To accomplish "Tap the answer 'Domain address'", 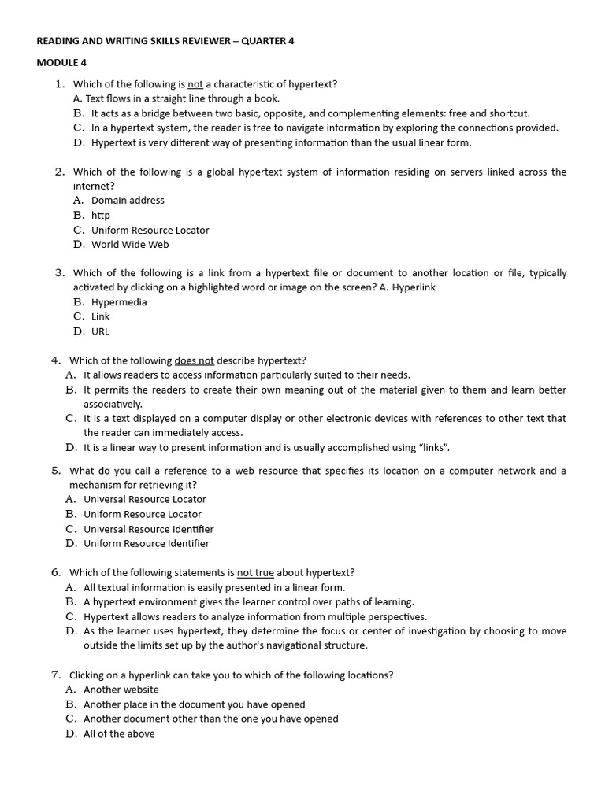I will click(x=128, y=201).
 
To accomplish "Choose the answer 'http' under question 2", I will click(x=100, y=215).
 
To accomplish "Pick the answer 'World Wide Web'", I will click(x=130, y=245).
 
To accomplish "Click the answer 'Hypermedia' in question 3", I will click(x=119, y=302).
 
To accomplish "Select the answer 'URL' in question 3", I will click(x=100, y=331).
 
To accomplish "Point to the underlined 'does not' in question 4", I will click(x=194, y=360).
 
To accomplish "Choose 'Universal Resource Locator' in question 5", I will click(x=145, y=499).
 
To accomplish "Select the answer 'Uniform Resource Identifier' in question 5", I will click(x=147, y=543).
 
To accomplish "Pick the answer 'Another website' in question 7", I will click(x=121, y=690).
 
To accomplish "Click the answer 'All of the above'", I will click(x=119, y=734).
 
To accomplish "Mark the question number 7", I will click(x=55, y=675).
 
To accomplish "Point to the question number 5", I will click(x=55, y=471).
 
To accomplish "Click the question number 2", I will click(x=59, y=172).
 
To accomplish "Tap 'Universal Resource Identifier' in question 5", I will click(x=148, y=529).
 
